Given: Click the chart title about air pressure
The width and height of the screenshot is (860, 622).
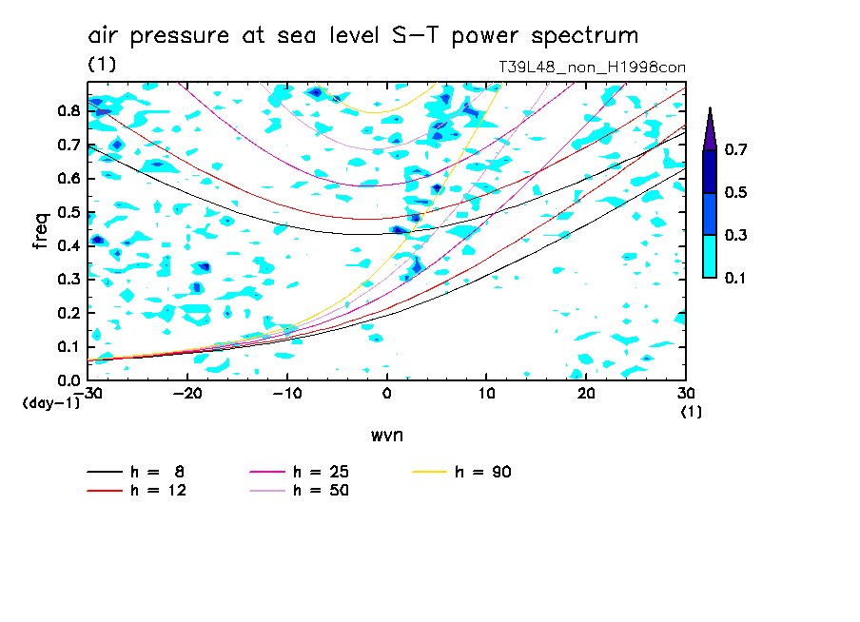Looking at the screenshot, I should [362, 36].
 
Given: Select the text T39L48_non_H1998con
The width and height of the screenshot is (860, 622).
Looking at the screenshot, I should [592, 68].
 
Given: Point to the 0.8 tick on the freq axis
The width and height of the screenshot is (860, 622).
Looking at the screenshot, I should [67, 110].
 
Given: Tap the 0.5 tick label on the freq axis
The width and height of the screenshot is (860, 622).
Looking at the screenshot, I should [67, 211].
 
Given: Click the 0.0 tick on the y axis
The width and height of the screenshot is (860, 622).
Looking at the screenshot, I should [67, 380].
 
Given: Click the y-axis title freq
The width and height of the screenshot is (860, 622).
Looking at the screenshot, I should [41, 230].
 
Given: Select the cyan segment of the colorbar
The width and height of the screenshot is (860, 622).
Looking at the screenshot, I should [710, 256].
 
